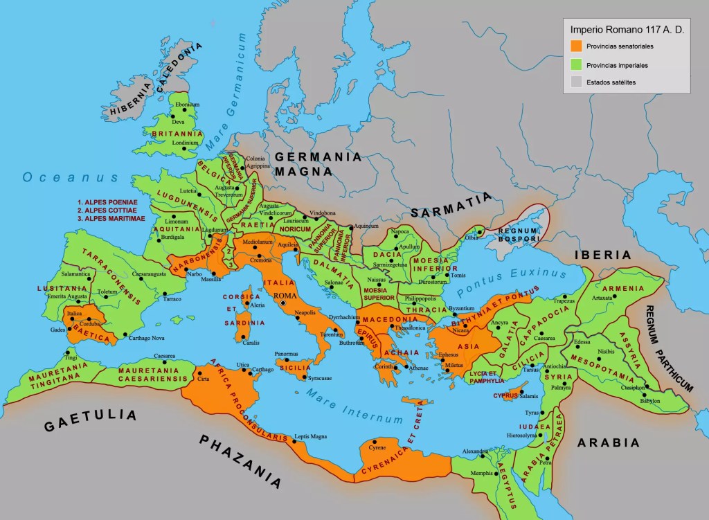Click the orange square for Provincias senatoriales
pos(576,46)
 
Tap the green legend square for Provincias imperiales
pos(576,64)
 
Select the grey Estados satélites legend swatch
pos(576,82)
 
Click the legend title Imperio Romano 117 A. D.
pos(625,30)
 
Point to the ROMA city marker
pos(282,303)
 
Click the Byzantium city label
pos(463,307)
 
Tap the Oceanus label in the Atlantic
pos(71,178)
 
